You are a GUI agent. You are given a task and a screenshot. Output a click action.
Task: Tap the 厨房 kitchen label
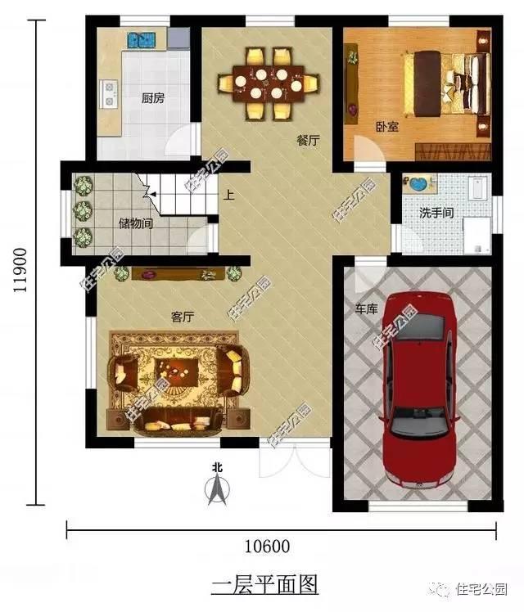coord(153,98)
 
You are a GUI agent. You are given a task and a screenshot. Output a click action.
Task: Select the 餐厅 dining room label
coord(308,140)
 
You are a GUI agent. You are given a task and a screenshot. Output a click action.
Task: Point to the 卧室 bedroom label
coord(386,127)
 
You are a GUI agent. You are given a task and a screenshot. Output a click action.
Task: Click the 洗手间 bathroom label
coord(436,212)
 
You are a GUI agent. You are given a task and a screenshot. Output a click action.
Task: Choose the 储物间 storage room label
coord(135,223)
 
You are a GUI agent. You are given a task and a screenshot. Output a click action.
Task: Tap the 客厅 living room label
coord(181,315)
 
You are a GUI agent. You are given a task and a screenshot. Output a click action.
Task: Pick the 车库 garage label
coord(365,310)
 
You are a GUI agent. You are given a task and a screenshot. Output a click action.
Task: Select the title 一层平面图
coord(264,584)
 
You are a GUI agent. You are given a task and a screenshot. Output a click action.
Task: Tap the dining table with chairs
coord(268,83)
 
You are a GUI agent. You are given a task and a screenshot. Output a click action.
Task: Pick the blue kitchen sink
coord(142,38)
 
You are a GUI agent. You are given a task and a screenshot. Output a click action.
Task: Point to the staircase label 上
coord(229,196)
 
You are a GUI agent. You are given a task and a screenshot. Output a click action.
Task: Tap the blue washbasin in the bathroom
coord(418,184)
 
